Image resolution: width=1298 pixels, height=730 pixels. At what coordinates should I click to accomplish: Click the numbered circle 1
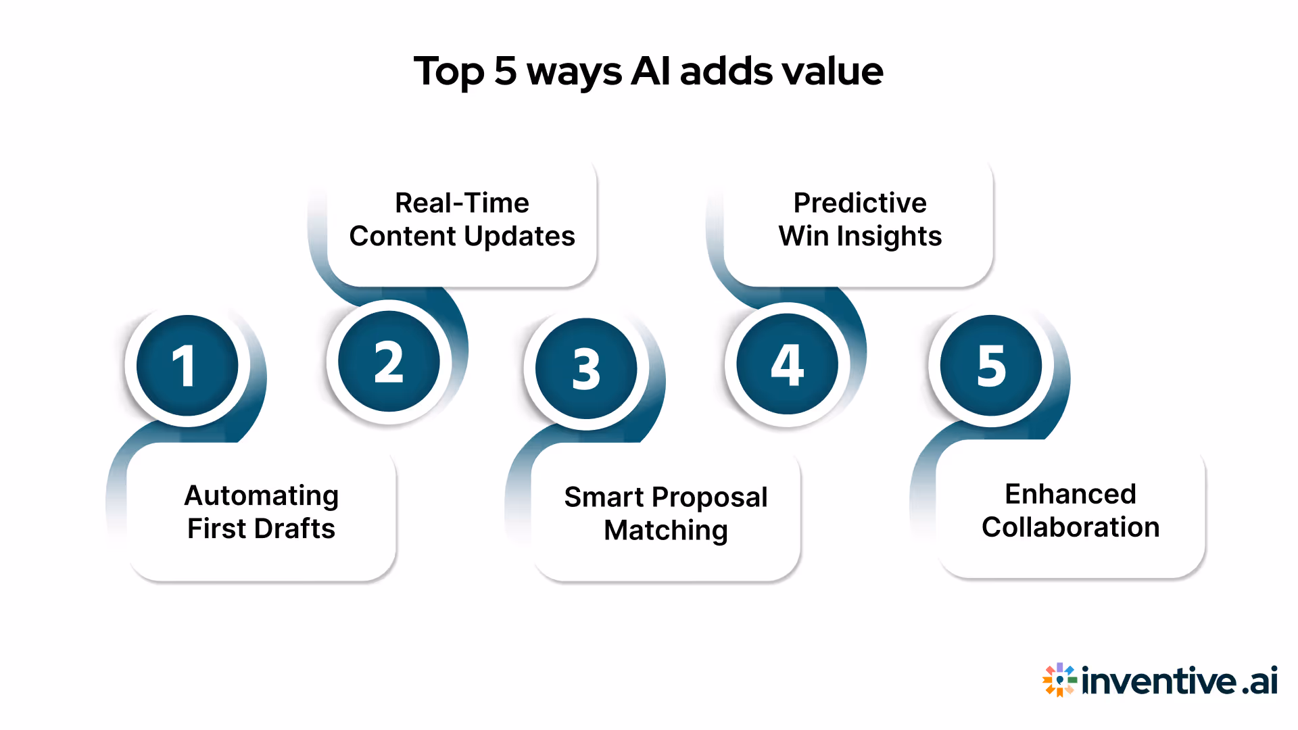pos(187,366)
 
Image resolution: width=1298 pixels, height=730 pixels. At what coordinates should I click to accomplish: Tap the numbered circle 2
pos(389,362)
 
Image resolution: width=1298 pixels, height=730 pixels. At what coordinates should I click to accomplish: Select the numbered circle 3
pos(586,369)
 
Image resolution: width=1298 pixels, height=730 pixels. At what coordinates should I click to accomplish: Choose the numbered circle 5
pos(991,366)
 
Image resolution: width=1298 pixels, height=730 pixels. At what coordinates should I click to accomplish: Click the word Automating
pos(261,496)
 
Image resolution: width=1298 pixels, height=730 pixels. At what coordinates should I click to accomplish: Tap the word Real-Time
pos(462,203)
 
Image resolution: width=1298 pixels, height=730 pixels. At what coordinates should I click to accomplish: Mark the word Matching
pos(665,531)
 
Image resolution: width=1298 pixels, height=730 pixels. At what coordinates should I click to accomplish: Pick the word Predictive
pos(859,203)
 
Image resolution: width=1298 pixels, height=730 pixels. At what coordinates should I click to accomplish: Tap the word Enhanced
pos(1069,494)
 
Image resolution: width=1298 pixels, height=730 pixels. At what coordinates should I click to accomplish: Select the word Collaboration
pos(1070,527)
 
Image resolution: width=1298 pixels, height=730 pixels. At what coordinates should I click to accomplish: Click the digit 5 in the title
pos(506,71)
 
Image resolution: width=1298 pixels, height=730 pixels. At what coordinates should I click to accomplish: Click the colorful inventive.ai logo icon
pos(1059,679)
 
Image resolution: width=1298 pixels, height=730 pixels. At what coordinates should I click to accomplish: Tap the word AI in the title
pos(650,71)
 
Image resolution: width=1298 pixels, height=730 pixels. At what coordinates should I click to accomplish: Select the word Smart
pos(604,497)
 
